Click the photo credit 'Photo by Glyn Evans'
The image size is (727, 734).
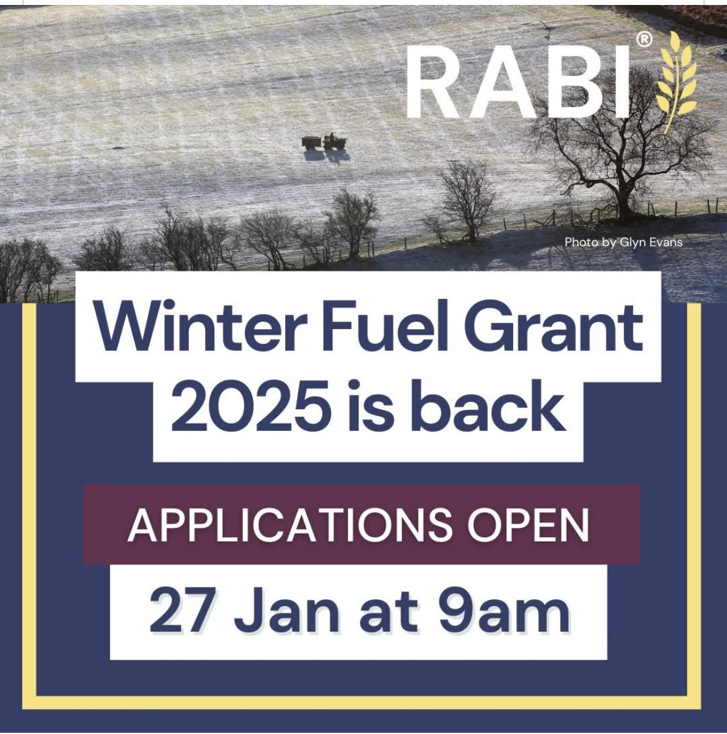(x=623, y=242)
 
